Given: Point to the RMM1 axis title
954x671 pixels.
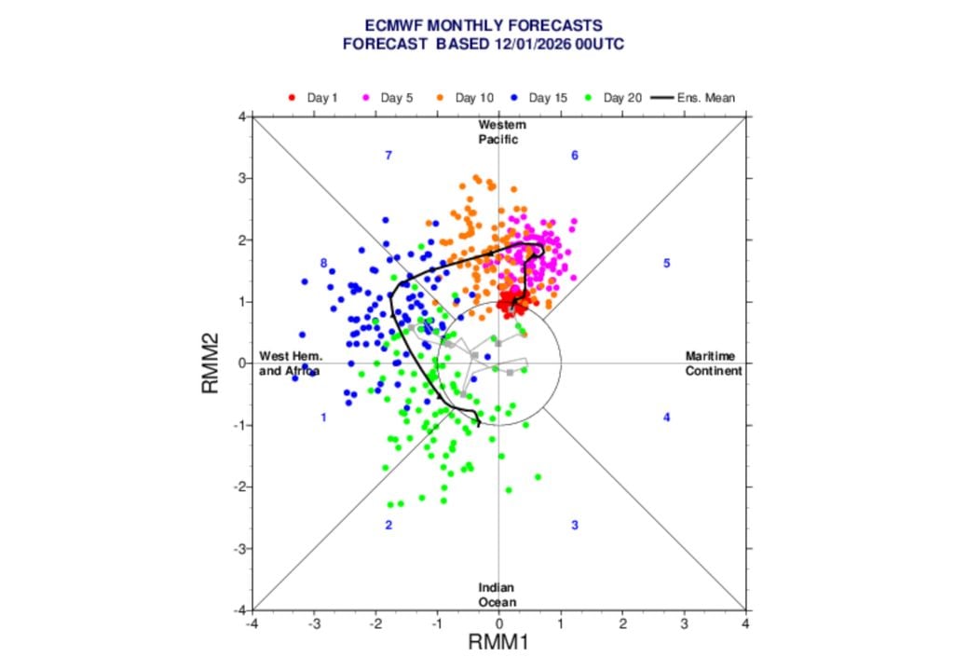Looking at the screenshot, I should coord(498,642).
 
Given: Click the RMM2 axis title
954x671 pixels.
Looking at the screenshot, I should coord(211,363).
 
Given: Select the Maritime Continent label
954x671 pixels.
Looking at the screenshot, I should coord(713,363).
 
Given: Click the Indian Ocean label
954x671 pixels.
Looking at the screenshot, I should coord(497,595).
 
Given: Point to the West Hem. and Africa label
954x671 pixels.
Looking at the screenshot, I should coord(290,363).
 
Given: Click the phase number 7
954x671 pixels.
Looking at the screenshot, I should coord(388,155).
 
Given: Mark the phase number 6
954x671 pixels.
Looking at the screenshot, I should coord(575,155).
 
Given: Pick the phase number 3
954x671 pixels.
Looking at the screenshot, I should coord(575,526).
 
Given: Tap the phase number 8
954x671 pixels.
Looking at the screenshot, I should coord(323,264).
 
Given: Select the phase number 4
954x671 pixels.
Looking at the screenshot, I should coord(667,418).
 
